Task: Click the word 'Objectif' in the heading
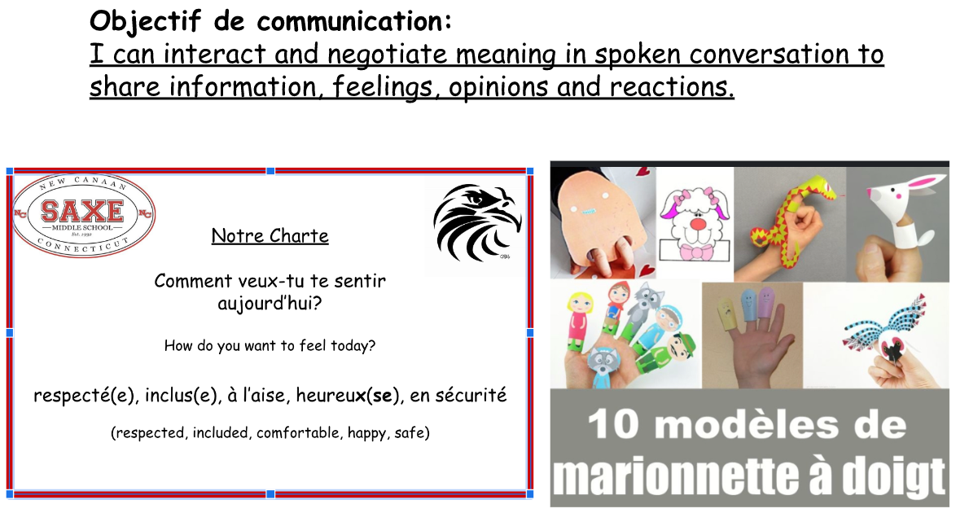coord(145,22)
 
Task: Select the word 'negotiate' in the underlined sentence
coord(387,55)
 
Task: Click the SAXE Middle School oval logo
coord(84,214)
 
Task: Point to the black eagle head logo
coord(477,222)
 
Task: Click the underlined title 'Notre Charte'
coord(270,236)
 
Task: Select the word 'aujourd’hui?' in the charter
coord(270,303)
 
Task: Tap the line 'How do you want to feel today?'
coord(270,346)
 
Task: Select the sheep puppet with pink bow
coord(695,222)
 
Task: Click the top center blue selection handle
coord(270,171)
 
